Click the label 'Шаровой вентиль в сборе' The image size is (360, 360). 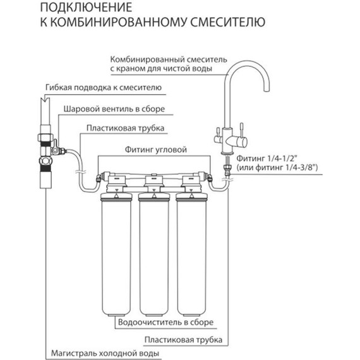coord(114,109)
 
